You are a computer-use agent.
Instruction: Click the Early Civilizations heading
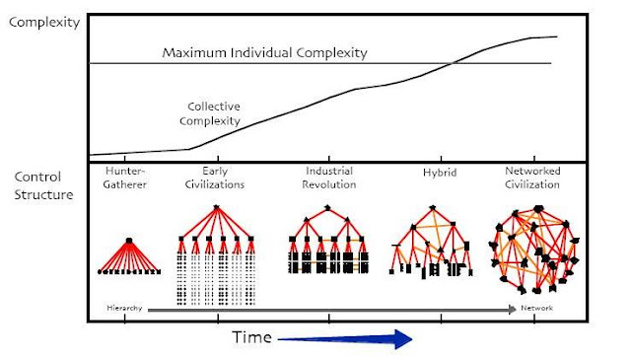coord(215,178)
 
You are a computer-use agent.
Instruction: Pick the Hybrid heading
coord(433,172)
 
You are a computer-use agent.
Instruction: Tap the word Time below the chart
coord(252,337)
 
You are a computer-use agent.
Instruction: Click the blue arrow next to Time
coord(345,338)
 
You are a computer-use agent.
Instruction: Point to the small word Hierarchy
coord(124,309)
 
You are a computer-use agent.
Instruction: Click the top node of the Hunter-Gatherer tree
coord(129,240)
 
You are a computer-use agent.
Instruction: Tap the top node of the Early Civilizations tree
coord(216,207)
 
